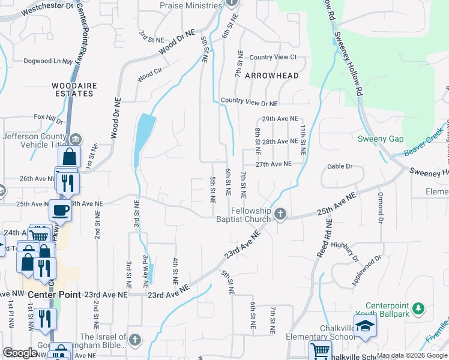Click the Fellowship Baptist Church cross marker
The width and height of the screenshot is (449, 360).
(280, 214)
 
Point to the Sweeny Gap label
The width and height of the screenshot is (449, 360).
(381, 139)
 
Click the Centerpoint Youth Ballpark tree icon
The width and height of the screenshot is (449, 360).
(418, 309)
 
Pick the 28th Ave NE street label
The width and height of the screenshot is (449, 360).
(280, 142)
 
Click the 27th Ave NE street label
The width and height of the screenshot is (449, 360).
(274, 164)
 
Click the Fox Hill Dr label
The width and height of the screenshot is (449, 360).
(48, 117)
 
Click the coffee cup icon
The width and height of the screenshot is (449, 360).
(59, 211)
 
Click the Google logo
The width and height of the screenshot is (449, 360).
(20, 353)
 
